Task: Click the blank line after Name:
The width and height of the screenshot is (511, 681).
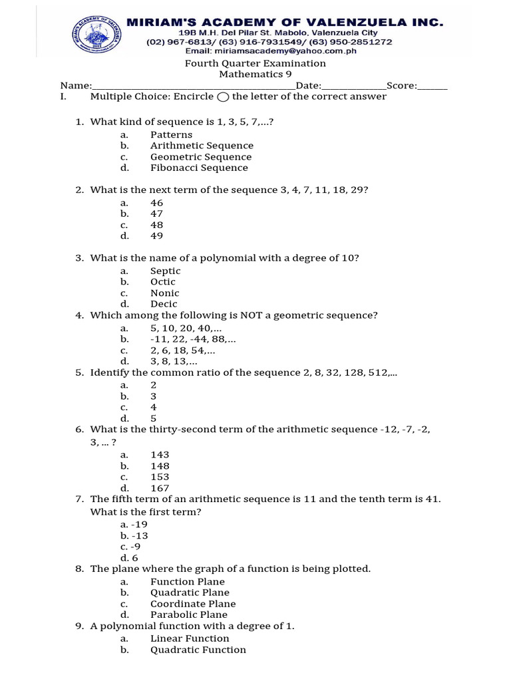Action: [192, 86]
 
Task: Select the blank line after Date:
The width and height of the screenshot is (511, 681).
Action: [353, 86]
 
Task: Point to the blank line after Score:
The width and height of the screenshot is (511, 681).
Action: [432, 86]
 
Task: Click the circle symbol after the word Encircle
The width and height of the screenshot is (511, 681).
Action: [223, 97]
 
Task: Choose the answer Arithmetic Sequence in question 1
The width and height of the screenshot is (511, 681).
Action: [202, 146]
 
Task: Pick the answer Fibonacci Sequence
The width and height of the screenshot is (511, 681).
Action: [199, 168]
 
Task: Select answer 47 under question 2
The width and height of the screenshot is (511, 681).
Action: [156, 214]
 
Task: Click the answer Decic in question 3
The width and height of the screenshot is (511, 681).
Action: [164, 304]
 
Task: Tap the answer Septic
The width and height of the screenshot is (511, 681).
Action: [165, 271]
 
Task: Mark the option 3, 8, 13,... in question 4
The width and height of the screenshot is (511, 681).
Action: [174, 362]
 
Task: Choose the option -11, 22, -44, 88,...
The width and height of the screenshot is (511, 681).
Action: [193, 339]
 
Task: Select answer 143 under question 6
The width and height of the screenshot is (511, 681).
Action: [160, 455]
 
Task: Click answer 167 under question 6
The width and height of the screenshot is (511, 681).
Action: [160, 488]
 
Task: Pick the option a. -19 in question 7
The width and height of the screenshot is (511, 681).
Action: [134, 525]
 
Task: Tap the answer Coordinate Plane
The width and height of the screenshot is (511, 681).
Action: [193, 604]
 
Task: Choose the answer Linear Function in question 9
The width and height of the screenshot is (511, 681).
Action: [190, 638]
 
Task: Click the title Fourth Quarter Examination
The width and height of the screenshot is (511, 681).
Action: [255, 63]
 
